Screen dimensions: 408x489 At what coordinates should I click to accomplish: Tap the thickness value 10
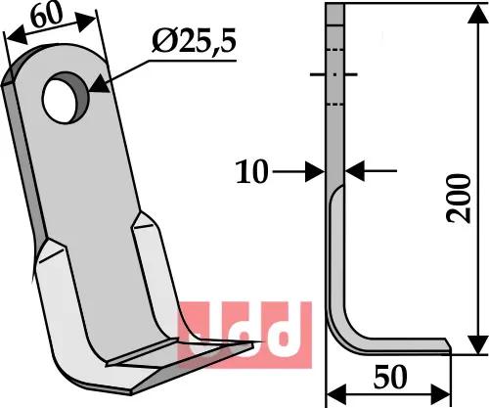tap(252, 172)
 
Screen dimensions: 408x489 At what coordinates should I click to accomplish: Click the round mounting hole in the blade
tap(65, 94)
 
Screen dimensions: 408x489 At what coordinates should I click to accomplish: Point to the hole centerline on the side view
tap(334, 74)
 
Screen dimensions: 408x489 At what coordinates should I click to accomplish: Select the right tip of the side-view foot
tap(448, 343)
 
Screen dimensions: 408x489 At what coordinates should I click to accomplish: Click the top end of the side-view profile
tap(334, 8)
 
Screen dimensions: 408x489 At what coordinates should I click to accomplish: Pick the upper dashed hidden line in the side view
tap(334, 50)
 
